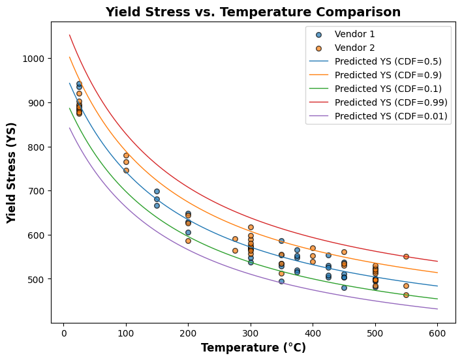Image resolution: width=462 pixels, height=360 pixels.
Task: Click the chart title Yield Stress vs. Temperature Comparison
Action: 253,12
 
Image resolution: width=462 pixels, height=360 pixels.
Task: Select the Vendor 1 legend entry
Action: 354,35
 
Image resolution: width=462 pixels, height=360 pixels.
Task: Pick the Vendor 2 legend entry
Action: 354,48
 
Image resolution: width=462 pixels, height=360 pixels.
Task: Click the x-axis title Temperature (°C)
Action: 253,348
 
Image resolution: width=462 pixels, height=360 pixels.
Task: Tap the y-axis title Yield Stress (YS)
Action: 12,172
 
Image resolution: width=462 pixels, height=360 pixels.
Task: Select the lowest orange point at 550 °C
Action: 406,295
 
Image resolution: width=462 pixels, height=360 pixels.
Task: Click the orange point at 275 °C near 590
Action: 235,239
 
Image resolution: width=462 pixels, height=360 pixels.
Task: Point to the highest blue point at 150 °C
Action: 157,191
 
